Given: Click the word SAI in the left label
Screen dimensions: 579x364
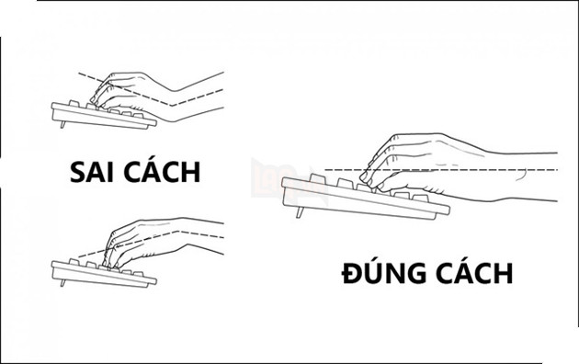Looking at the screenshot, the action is coord(93,172).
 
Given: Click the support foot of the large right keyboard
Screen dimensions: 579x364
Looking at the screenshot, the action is coord(300,212).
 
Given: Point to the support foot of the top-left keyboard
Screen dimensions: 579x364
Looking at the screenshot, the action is coord(62,124).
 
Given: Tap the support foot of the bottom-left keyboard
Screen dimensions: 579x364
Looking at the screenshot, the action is coord(62,282).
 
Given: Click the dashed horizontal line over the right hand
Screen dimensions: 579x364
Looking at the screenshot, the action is coord(441,170).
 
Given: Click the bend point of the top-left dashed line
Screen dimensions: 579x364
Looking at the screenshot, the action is coord(172,106).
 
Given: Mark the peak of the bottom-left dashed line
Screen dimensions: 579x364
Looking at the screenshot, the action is coord(178,232).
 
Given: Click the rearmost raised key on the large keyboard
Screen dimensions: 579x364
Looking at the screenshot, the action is coord(317,178).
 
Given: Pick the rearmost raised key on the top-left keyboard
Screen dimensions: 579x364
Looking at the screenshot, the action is coord(74,103).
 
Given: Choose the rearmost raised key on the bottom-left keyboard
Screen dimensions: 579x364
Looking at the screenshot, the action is coord(74,262).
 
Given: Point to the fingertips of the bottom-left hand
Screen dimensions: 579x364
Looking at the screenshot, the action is coord(110,263).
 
